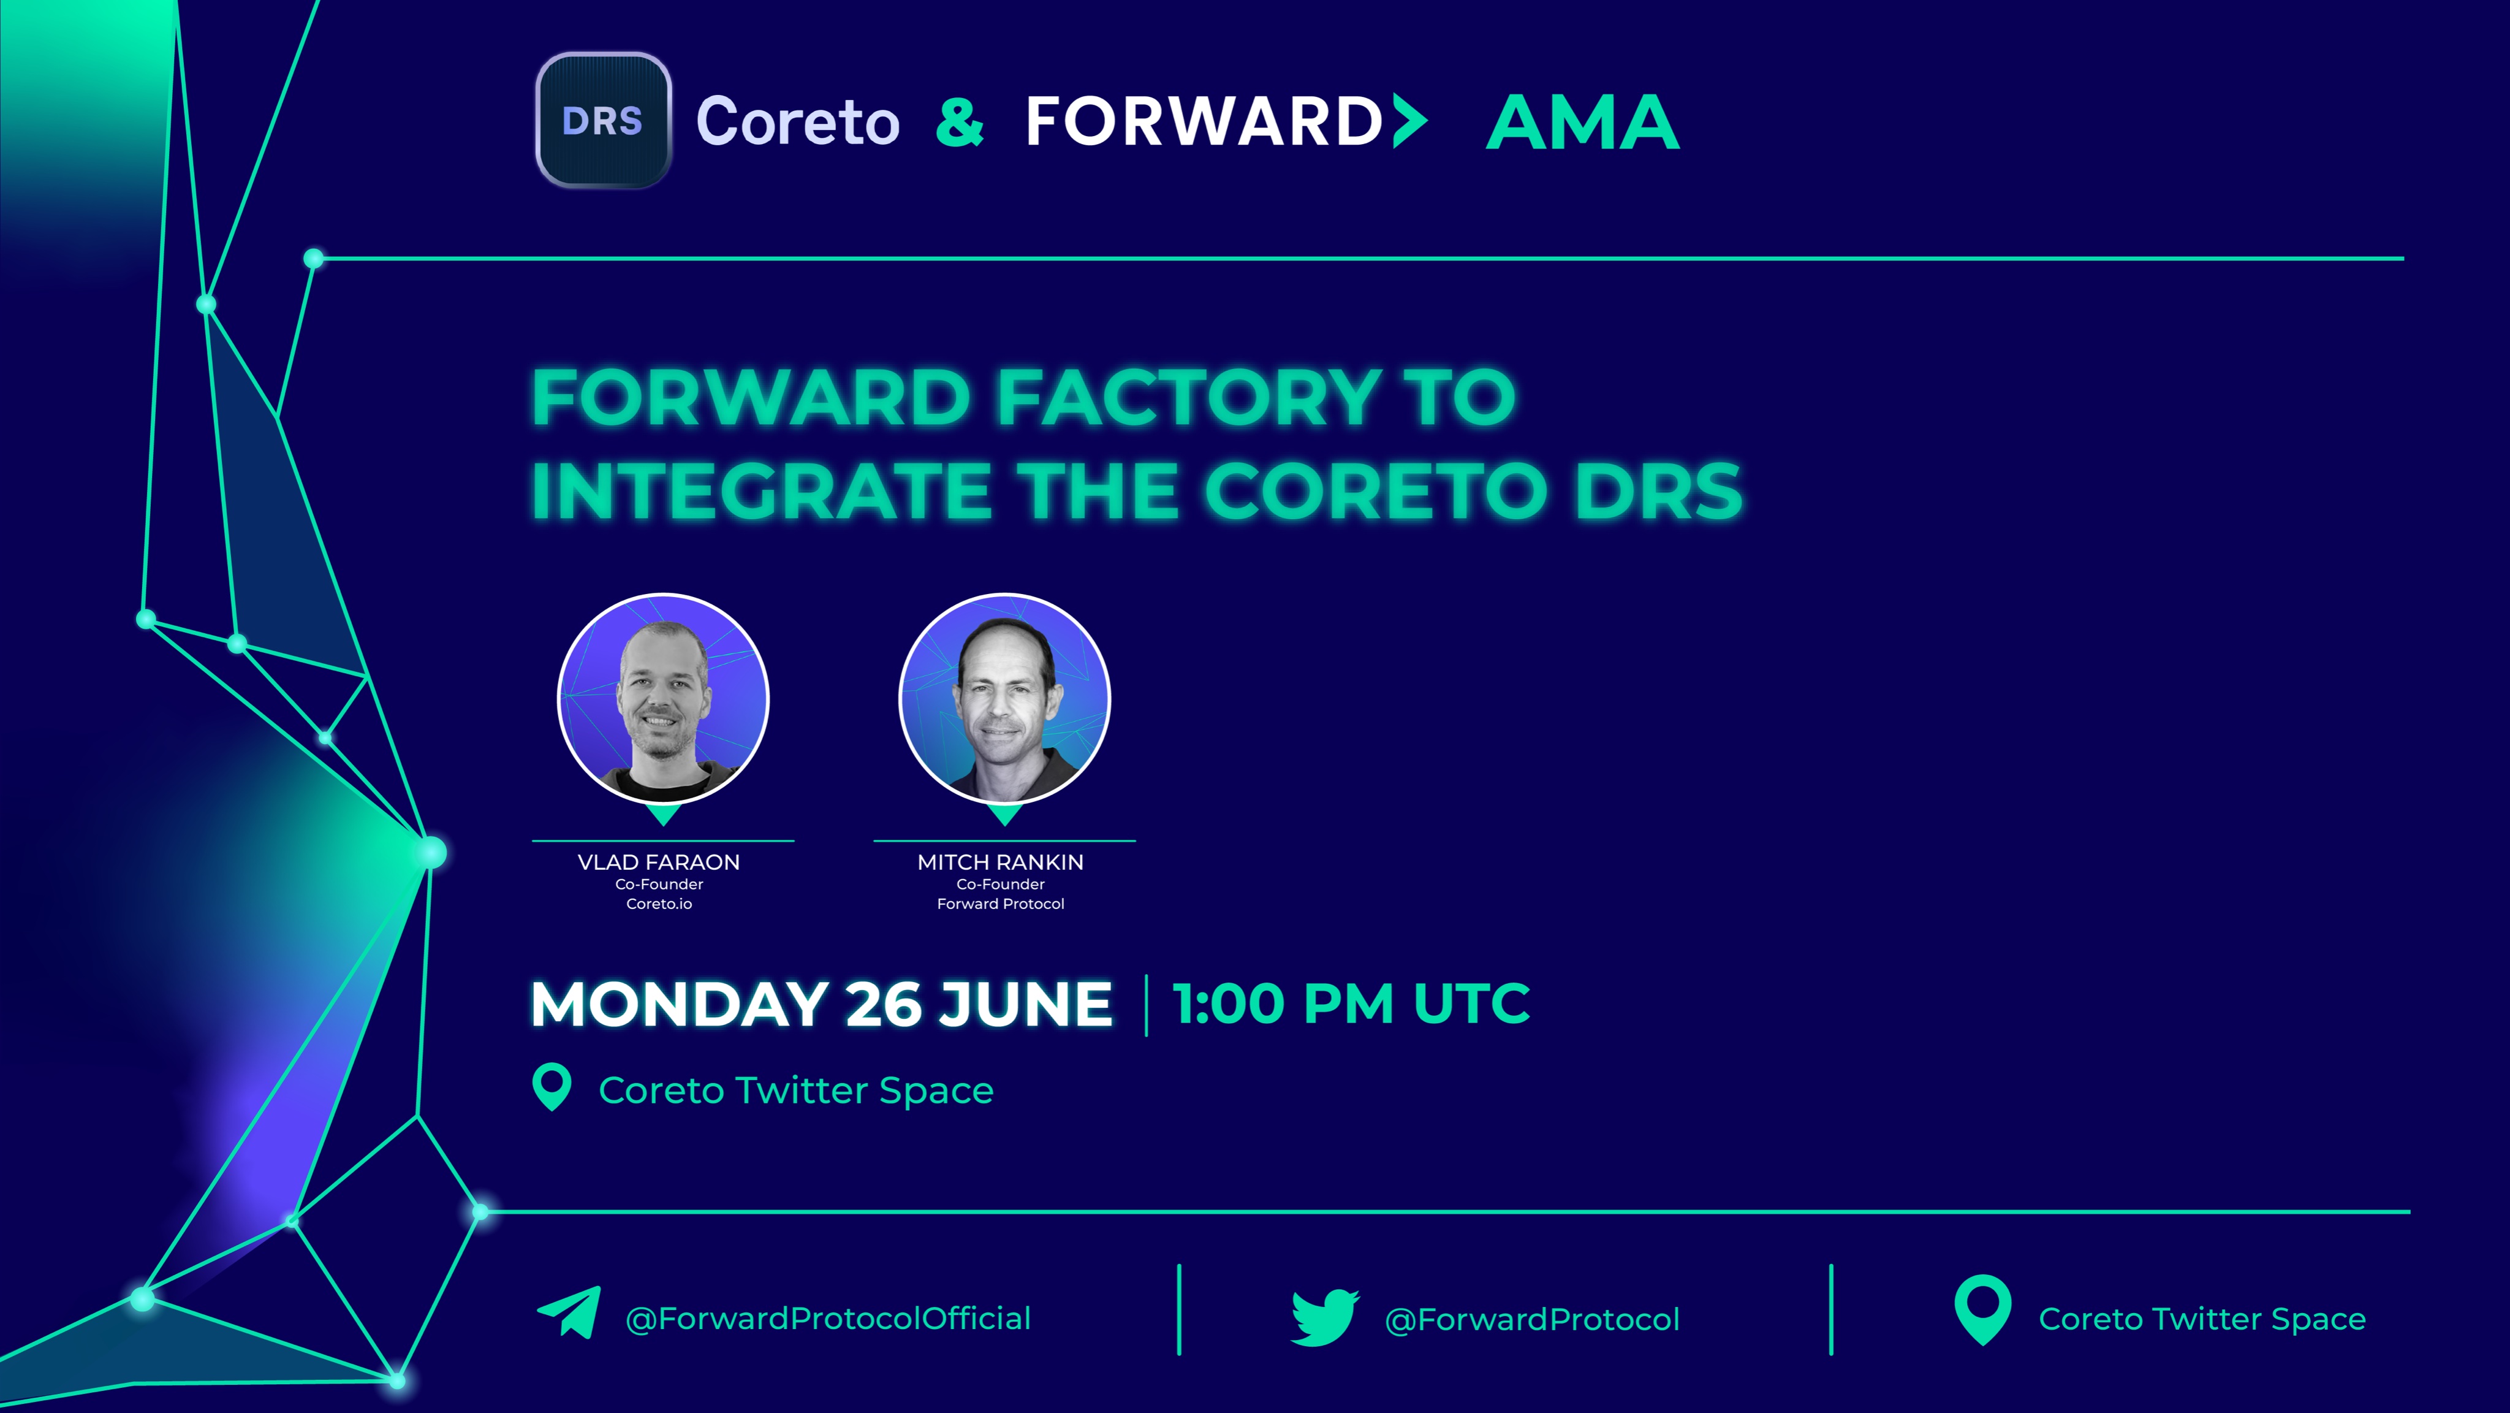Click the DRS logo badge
pos(603,120)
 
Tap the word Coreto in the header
pos(797,122)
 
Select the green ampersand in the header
pos(960,122)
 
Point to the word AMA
pos(1582,123)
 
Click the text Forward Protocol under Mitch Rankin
pos(1001,904)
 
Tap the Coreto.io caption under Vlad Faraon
pos(659,904)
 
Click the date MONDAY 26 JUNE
pos(821,1004)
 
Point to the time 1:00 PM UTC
pos(1351,1004)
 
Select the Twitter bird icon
pos(1324,1317)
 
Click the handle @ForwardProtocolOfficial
pos(827,1319)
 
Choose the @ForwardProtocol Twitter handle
pos(1532,1319)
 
